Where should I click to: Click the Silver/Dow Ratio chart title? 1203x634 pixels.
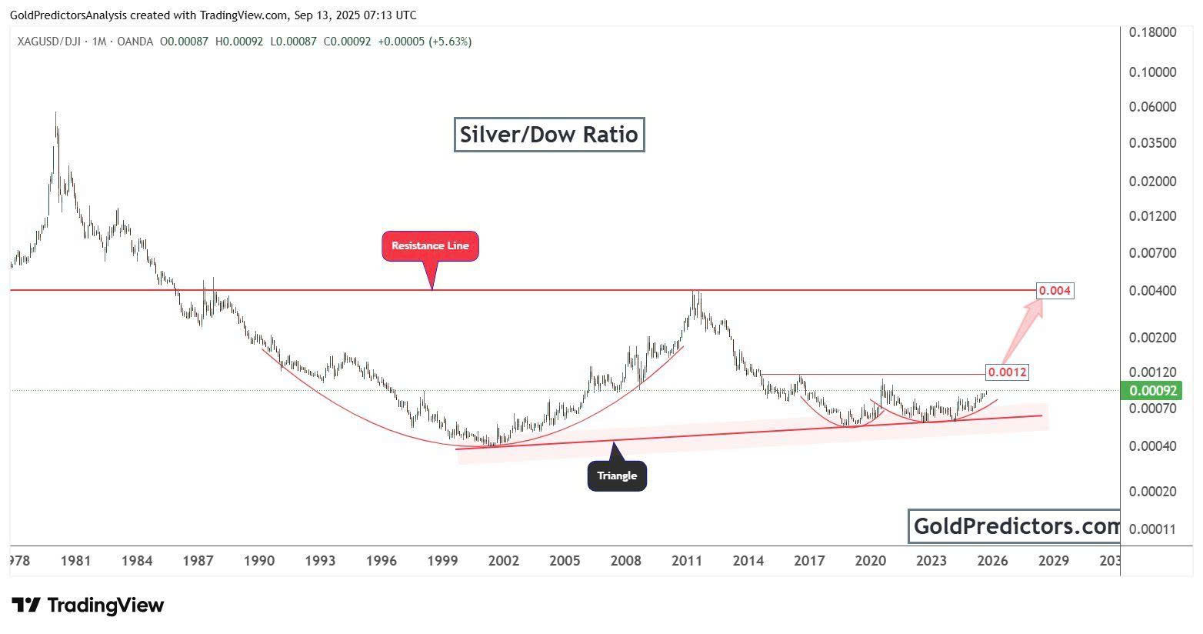click(548, 135)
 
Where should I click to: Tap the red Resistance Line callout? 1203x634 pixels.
click(430, 246)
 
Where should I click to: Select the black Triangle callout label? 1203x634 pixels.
click(617, 475)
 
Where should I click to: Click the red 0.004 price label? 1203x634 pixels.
click(1055, 291)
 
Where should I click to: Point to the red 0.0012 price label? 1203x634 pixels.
click(1007, 372)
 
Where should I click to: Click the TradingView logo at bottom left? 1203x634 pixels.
click(88, 606)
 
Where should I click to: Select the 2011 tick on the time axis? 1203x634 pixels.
click(687, 561)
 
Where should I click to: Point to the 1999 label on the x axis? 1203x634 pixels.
click(442, 561)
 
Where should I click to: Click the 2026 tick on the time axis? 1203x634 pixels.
click(992, 561)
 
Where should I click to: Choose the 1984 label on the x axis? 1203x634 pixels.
click(136, 561)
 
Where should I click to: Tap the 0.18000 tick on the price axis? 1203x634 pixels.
click(1152, 32)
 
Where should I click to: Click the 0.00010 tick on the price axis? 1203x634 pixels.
click(1152, 529)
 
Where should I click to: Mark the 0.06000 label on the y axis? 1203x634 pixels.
click(1152, 107)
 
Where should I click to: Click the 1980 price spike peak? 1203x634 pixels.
click(56, 114)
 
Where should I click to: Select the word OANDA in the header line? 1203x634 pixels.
click(136, 42)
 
